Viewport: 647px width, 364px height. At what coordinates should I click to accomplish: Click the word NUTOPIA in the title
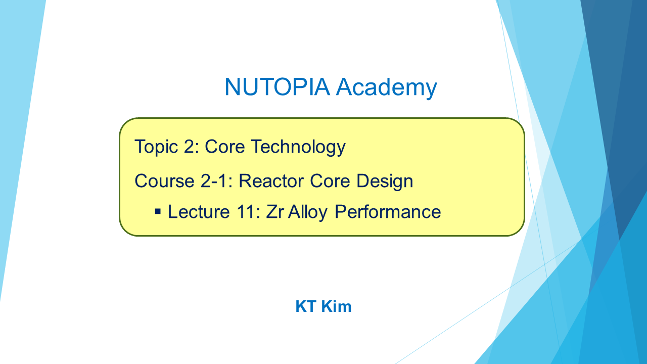click(278, 86)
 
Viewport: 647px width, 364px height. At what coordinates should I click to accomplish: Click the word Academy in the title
click(387, 88)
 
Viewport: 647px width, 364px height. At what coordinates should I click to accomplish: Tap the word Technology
click(298, 147)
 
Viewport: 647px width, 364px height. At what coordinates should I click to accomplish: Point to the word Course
click(164, 181)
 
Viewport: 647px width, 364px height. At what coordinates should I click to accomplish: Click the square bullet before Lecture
click(158, 211)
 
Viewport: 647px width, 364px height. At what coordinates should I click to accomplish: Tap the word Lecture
click(199, 212)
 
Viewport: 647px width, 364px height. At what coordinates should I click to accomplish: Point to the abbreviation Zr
click(274, 212)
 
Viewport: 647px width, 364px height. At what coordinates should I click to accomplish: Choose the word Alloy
click(308, 213)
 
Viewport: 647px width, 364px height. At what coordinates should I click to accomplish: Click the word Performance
click(388, 212)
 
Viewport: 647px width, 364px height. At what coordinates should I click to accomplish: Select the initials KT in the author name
click(306, 306)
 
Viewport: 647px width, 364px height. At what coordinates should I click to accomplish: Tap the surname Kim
click(336, 306)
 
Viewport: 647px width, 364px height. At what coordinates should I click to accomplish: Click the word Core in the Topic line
click(225, 147)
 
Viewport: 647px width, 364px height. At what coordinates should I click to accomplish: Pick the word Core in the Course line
click(330, 181)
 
